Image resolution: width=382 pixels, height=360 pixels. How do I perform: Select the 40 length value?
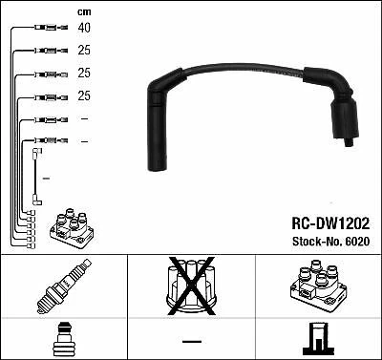tap(84, 29)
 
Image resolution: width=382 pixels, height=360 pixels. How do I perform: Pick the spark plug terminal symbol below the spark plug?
tap(63, 339)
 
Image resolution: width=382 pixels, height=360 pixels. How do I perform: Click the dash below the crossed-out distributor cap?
tap(192, 341)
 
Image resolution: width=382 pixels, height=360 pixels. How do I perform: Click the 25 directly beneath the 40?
tap(84, 51)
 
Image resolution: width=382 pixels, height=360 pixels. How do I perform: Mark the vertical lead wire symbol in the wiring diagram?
tap(37, 176)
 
